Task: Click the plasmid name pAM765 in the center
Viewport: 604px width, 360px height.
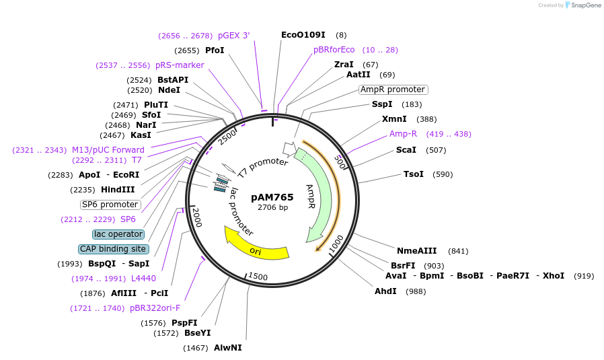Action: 272,197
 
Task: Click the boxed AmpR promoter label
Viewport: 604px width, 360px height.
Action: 393,89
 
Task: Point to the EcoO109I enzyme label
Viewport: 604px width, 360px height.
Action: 303,34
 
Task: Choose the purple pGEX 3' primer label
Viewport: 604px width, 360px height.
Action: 233,36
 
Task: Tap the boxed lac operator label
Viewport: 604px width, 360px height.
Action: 118,234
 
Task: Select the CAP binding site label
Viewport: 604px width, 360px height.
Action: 113,249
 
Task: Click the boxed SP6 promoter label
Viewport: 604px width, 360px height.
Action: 110,205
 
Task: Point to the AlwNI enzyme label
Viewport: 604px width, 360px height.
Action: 227,348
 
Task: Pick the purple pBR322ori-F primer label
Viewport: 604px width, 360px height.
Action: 155,308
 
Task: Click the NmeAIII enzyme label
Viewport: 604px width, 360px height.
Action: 416,251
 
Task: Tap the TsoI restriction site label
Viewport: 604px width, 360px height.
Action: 413,174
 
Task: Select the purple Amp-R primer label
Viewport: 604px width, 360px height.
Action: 403,134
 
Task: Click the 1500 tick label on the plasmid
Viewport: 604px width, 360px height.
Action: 258,277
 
